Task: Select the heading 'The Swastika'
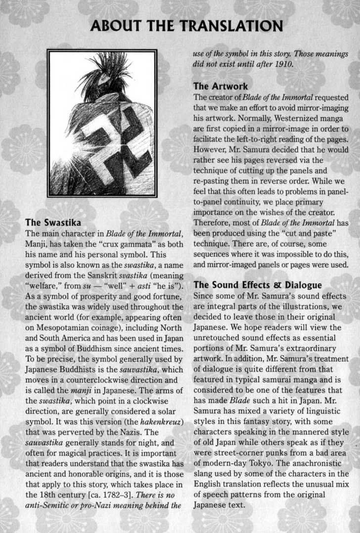(53, 222)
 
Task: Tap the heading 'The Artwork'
(221, 87)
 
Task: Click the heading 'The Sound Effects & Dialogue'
(258, 285)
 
